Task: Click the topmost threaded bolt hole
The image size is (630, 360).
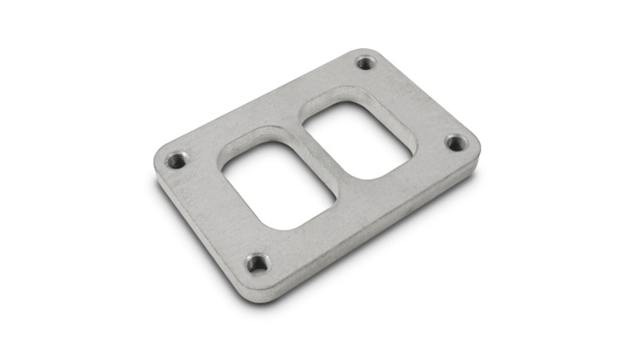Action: coord(366,62)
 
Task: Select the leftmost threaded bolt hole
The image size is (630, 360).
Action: coord(176,161)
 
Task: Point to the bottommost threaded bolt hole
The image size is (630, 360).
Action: coord(258,265)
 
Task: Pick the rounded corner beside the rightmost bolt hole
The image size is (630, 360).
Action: coord(474,153)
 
